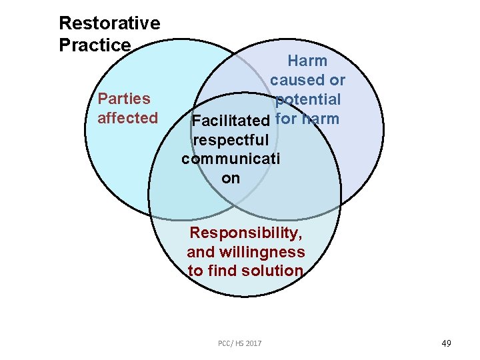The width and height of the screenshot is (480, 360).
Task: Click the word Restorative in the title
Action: [x=109, y=23]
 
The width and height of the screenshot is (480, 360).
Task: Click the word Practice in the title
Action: [x=95, y=45]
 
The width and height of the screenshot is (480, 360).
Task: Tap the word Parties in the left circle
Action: [x=124, y=99]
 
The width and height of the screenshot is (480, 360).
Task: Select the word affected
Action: [x=127, y=118]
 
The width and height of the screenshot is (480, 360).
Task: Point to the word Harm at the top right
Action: [x=307, y=61]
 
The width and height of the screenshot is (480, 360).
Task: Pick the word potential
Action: [x=308, y=100]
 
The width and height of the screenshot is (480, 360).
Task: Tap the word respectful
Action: [x=231, y=141]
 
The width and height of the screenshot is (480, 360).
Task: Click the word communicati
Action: [x=231, y=159]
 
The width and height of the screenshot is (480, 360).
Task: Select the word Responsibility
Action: [x=246, y=233]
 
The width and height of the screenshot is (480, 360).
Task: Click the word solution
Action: [x=273, y=271]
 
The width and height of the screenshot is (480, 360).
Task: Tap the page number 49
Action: [x=446, y=343]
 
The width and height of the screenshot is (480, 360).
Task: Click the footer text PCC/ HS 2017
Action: [x=239, y=343]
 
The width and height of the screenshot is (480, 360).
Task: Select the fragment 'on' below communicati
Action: [x=231, y=179]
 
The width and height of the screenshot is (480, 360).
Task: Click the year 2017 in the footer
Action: [x=253, y=343]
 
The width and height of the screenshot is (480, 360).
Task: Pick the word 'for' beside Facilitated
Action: [x=285, y=120]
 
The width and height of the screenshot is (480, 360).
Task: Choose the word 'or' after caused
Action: [x=337, y=81]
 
